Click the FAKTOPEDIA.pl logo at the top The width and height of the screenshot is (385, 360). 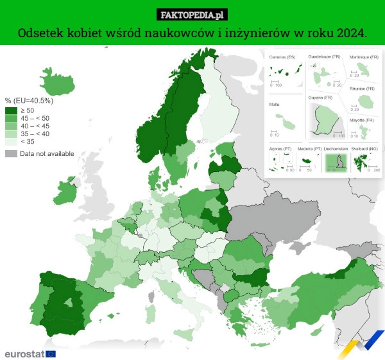pos(193,15)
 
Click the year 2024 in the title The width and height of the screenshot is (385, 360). pos(352,33)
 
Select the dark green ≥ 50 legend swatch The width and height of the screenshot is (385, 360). pos(11,111)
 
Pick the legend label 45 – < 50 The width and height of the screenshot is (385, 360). pos(35,119)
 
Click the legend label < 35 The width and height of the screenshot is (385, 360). pos(28,142)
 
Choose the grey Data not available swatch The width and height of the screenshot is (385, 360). pos(11,153)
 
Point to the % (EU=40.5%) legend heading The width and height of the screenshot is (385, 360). pos(28,101)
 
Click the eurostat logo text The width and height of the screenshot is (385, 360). pos(24,354)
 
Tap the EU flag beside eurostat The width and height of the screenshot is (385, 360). pos(51,354)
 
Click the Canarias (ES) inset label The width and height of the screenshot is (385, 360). pos(282,58)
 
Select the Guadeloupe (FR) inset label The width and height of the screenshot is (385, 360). pos(325,57)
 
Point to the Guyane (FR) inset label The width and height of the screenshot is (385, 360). pos(320,97)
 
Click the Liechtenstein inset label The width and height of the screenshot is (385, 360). pos(336,148)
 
